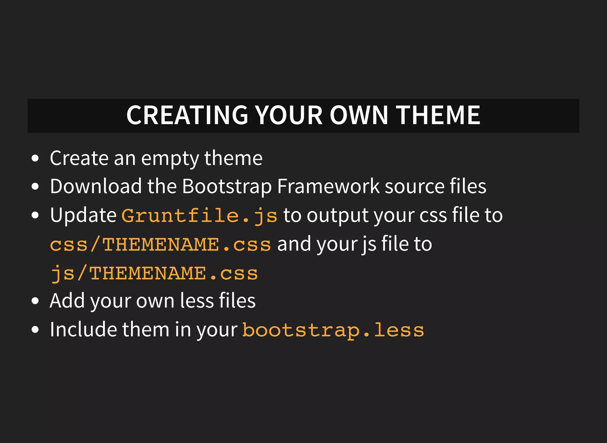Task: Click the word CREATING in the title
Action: coord(187,115)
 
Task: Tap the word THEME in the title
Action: coord(438,115)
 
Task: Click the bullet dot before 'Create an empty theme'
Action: coord(35,158)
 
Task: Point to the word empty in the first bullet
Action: coord(170,159)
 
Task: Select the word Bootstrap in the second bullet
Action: coord(227,187)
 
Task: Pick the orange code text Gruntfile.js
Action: coord(199,216)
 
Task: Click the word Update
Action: coord(83,216)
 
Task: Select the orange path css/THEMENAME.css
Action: coord(160,245)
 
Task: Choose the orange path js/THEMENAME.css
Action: coord(154,273)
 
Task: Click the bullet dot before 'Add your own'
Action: coord(35,301)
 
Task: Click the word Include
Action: coord(83,329)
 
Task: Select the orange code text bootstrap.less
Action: coord(333,330)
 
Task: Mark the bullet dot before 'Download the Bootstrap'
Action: coord(35,187)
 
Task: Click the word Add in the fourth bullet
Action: coord(67,301)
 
